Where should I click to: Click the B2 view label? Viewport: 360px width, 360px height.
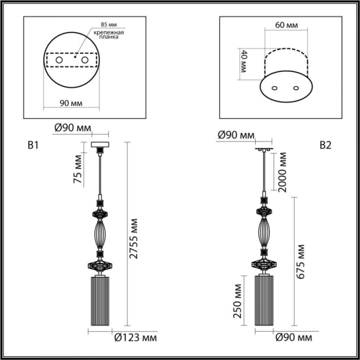[x=325, y=146]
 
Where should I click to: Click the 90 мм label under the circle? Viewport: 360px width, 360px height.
[x=71, y=103]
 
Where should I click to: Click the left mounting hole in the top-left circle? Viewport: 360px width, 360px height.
[x=59, y=61]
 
